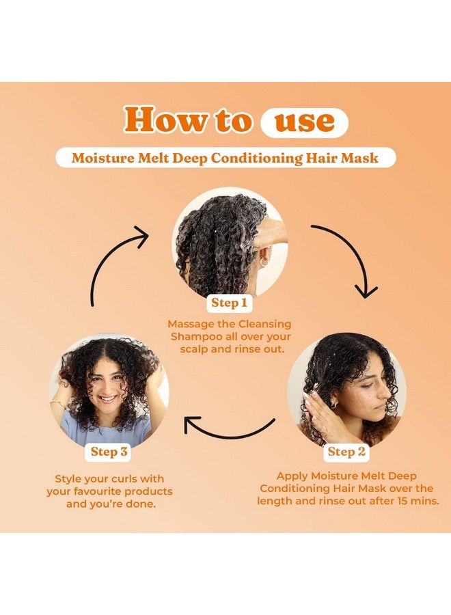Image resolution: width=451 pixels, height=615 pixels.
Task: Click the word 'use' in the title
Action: [304, 121]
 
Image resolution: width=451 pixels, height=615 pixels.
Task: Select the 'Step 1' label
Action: [230, 303]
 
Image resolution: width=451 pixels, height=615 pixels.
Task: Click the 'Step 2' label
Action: [346, 452]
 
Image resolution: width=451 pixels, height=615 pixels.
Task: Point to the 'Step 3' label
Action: [109, 452]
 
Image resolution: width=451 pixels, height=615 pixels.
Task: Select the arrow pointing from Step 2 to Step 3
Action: [229, 429]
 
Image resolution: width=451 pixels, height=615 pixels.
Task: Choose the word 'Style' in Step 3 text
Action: [70, 478]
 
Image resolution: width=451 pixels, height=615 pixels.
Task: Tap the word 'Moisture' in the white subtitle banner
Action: [104, 158]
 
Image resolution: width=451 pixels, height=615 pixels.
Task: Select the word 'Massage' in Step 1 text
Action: [191, 324]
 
